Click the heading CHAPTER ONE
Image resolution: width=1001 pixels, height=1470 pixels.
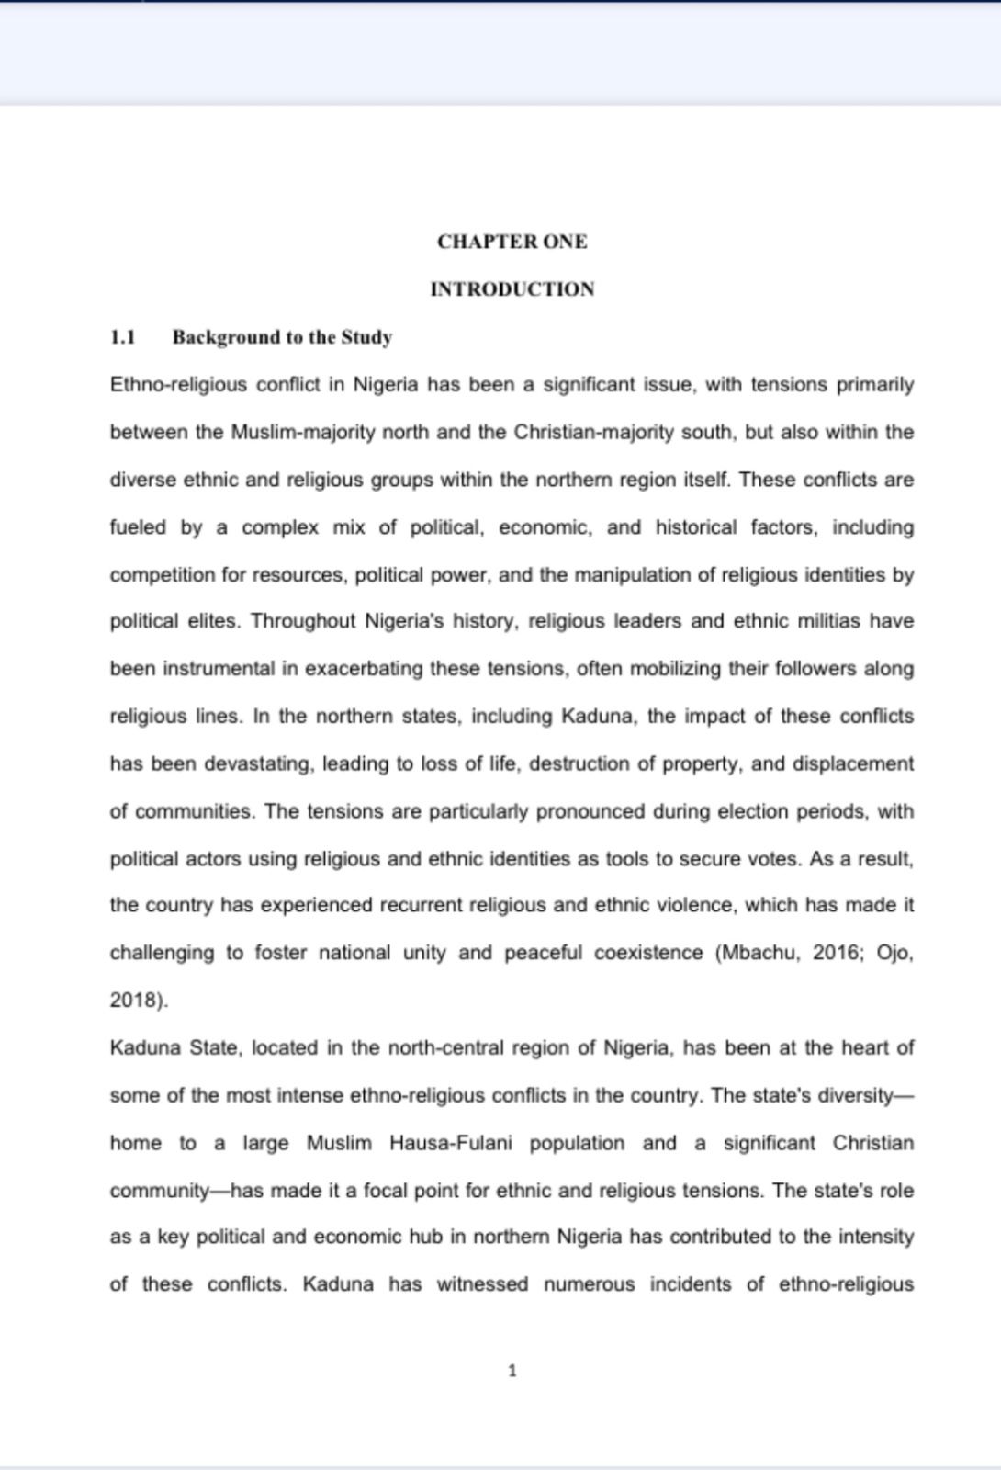pos(512,242)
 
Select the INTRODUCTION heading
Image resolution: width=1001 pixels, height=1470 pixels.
pos(512,289)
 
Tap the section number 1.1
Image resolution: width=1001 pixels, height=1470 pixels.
pos(122,337)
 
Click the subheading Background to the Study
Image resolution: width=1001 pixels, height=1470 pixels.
pos(282,337)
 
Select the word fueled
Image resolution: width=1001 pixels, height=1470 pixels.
pos(138,527)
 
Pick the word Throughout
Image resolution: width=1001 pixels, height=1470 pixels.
pos(302,621)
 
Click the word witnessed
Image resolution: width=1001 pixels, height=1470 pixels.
pos(482,1284)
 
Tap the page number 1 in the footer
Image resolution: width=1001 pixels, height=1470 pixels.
pos(512,1371)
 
